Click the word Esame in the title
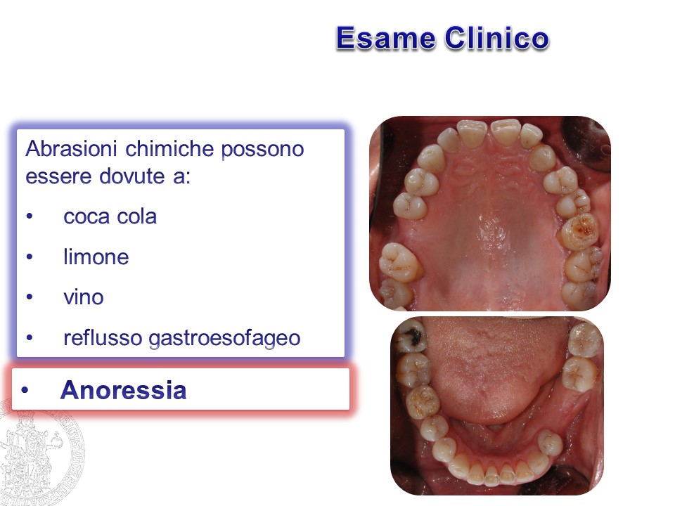point(386,38)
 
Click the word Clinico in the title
point(497,38)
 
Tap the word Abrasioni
point(71,149)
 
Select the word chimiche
point(169,149)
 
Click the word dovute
point(131,176)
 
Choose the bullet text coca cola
point(110,216)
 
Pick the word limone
point(96,257)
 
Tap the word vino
point(84,297)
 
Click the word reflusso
point(103,338)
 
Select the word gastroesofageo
point(224,339)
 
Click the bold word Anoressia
point(123,390)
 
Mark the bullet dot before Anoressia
point(25,390)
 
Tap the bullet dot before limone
point(30,257)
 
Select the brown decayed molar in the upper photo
point(579,231)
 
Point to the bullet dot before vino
point(30,297)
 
